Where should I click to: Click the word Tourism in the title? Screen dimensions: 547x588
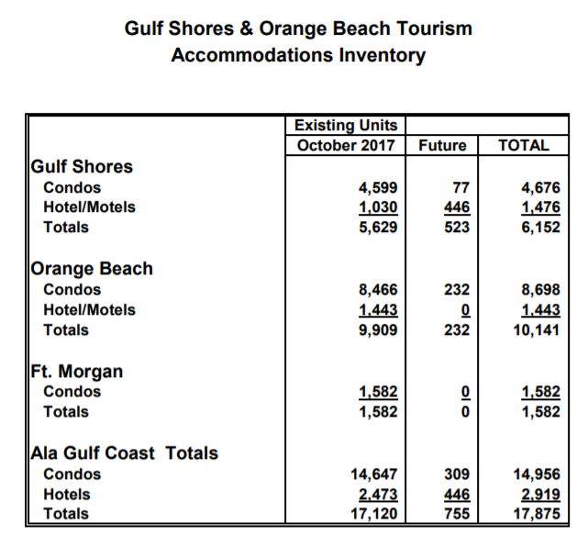[432, 28]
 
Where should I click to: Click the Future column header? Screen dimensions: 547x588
[442, 145]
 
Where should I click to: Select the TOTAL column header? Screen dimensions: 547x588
[523, 145]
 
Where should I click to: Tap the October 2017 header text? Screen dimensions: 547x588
[346, 145]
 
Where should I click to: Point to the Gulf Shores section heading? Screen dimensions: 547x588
[82, 166]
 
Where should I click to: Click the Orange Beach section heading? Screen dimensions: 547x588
[92, 269]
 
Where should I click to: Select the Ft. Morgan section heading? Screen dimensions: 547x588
[77, 372]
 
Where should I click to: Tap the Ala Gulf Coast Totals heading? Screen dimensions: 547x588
[125, 452]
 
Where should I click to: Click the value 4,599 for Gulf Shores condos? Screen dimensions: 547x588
[376, 188]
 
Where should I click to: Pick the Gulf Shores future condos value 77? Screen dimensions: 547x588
[460, 188]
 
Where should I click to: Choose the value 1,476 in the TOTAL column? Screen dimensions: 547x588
[539, 207]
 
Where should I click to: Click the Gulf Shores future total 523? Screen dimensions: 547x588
[456, 227]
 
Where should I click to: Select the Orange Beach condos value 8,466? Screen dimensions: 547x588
[376, 290]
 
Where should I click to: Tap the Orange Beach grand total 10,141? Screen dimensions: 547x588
[537, 329]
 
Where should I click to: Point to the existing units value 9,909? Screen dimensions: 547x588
[376, 329]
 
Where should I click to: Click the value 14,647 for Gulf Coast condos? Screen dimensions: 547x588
[372, 474]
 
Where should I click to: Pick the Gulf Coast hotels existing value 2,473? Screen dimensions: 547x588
[376, 495]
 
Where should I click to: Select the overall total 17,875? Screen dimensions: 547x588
[537, 514]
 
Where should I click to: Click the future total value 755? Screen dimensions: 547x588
[456, 514]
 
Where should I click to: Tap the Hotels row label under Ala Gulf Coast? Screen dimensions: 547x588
[66, 495]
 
